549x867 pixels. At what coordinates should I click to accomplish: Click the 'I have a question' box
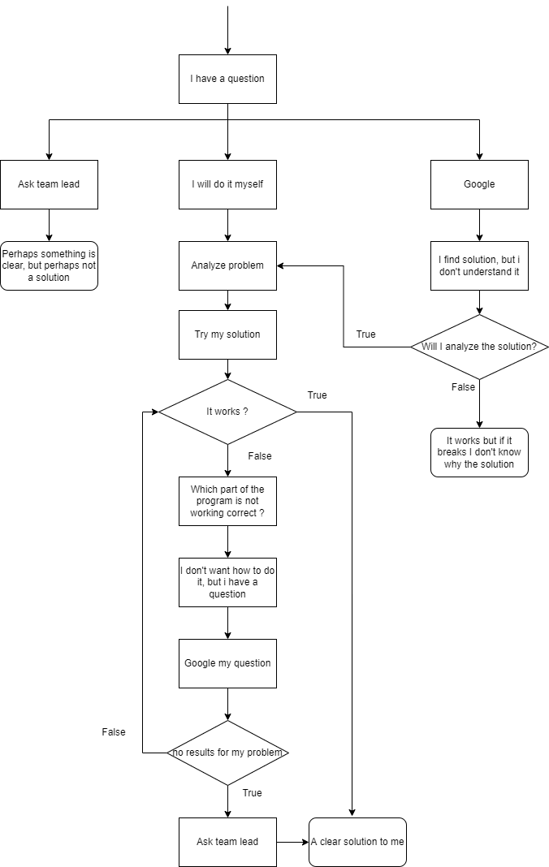pyautogui.click(x=227, y=79)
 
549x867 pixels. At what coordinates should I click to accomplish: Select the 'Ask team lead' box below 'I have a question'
pyautogui.click(x=49, y=184)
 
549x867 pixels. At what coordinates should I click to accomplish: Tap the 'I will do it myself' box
pyautogui.click(x=227, y=184)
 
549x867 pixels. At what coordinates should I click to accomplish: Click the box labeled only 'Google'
pyautogui.click(x=479, y=184)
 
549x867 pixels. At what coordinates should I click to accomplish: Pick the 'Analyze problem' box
pyautogui.click(x=227, y=265)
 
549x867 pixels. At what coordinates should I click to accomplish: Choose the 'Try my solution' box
pyautogui.click(x=227, y=334)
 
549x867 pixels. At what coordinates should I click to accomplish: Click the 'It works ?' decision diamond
pyautogui.click(x=227, y=412)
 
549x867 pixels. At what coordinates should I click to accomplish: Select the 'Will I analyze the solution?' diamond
pyautogui.click(x=479, y=347)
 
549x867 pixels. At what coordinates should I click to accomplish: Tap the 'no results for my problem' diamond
pyautogui.click(x=227, y=753)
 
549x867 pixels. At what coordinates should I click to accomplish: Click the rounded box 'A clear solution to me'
pyautogui.click(x=357, y=842)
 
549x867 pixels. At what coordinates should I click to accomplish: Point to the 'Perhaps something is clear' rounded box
pyautogui.click(x=49, y=265)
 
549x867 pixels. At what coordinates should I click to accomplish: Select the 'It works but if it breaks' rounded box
pyautogui.click(x=479, y=452)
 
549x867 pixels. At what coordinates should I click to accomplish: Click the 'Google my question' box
pyautogui.click(x=227, y=663)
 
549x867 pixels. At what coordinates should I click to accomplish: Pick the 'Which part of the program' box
pyautogui.click(x=227, y=501)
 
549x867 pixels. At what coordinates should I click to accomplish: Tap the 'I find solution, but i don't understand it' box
pyautogui.click(x=479, y=265)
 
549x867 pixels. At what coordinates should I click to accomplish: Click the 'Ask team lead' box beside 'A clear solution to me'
pyautogui.click(x=227, y=842)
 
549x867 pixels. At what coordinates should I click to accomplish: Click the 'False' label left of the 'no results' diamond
pyautogui.click(x=114, y=732)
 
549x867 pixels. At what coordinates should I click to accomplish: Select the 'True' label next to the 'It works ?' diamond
pyautogui.click(x=317, y=395)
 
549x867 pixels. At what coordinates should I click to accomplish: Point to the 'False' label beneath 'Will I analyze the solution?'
pyautogui.click(x=463, y=387)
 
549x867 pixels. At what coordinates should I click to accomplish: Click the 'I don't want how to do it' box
pyautogui.click(x=227, y=582)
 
